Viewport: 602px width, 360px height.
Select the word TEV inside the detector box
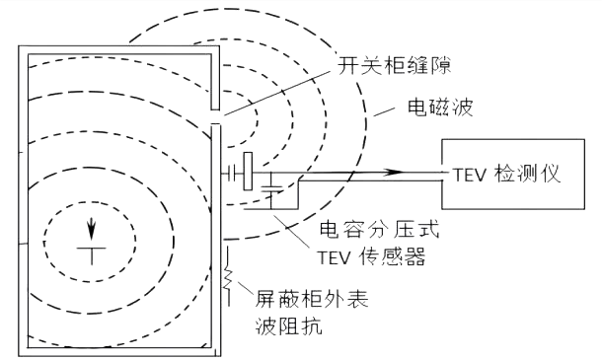pyautogui.click(x=471, y=173)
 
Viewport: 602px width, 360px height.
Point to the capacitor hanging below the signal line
pyautogui.click(x=270, y=184)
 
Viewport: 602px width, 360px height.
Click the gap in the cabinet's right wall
pyautogui.click(x=215, y=116)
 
